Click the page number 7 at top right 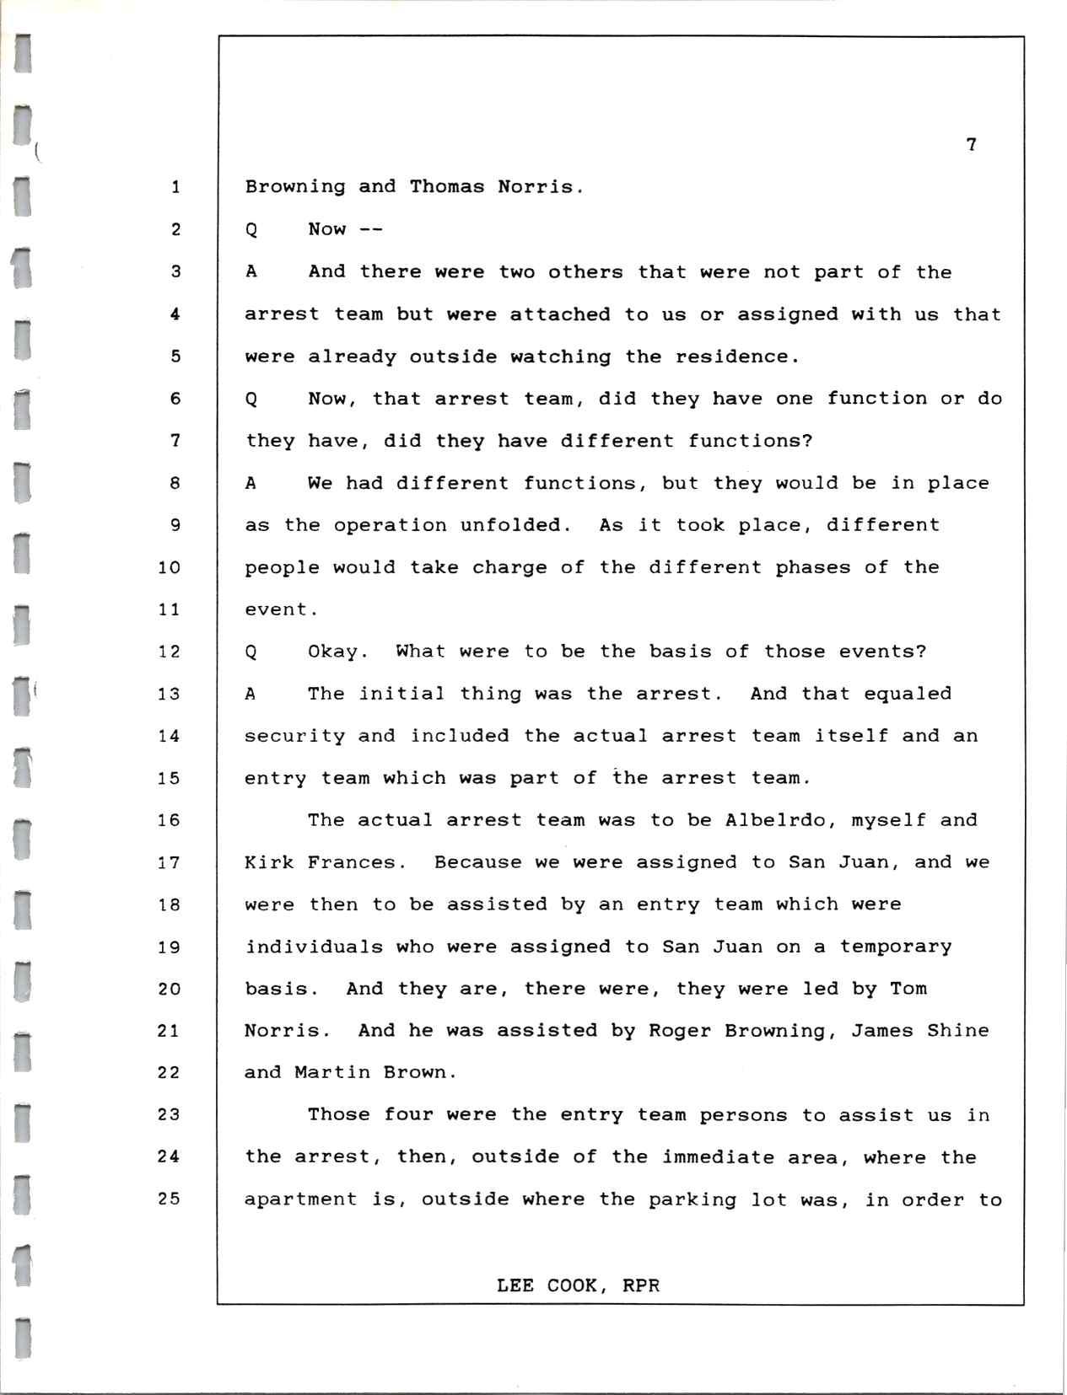[971, 145]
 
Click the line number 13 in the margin [169, 694]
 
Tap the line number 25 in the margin [169, 1199]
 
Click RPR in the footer [641, 1285]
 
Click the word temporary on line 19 [895, 947]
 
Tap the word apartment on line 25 [300, 1200]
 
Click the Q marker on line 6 [251, 399]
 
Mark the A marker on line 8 [251, 483]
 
